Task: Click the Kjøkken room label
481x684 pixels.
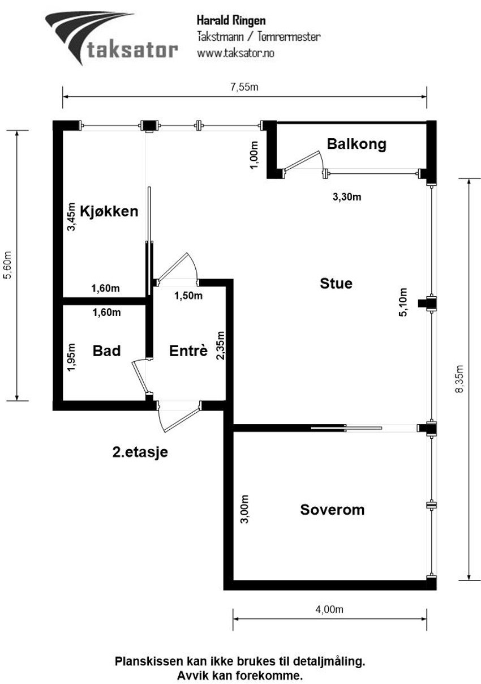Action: tap(109, 211)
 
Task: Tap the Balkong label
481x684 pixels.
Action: tap(357, 144)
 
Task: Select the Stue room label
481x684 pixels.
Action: tap(336, 283)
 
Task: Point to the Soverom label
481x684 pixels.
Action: tap(332, 510)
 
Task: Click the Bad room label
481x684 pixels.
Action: tap(106, 351)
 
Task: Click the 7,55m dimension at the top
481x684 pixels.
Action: tap(244, 87)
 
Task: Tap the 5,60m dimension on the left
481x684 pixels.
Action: tap(7, 265)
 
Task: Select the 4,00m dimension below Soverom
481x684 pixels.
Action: tap(329, 609)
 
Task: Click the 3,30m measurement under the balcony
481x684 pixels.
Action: tap(346, 197)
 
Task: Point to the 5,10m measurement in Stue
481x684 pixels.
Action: tap(403, 303)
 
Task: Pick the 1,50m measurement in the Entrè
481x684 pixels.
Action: tap(188, 295)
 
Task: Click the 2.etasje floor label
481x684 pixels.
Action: tap(140, 452)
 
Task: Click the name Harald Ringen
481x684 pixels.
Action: tap(231, 20)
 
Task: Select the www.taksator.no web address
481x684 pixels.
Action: tap(235, 53)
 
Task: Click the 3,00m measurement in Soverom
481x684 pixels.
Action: tap(244, 510)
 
